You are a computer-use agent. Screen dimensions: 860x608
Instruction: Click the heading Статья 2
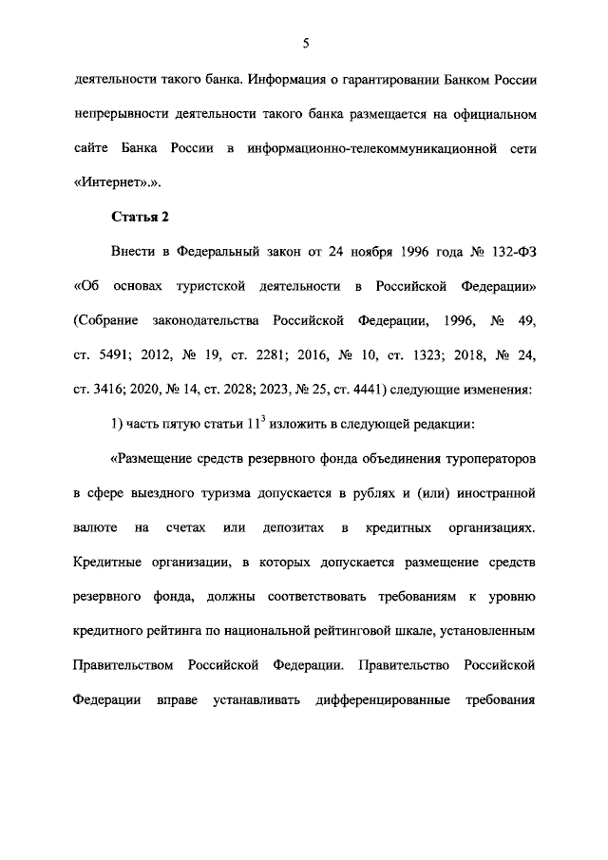(x=141, y=217)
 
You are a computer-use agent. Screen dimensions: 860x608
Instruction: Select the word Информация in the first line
(x=298, y=79)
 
